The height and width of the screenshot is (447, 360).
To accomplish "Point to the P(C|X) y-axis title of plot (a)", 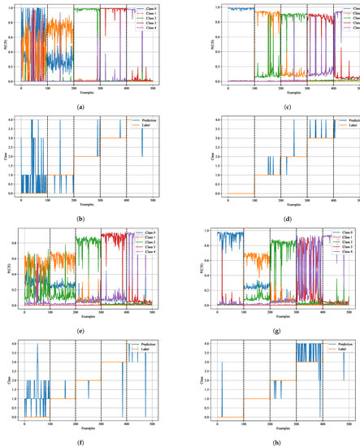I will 11,45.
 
